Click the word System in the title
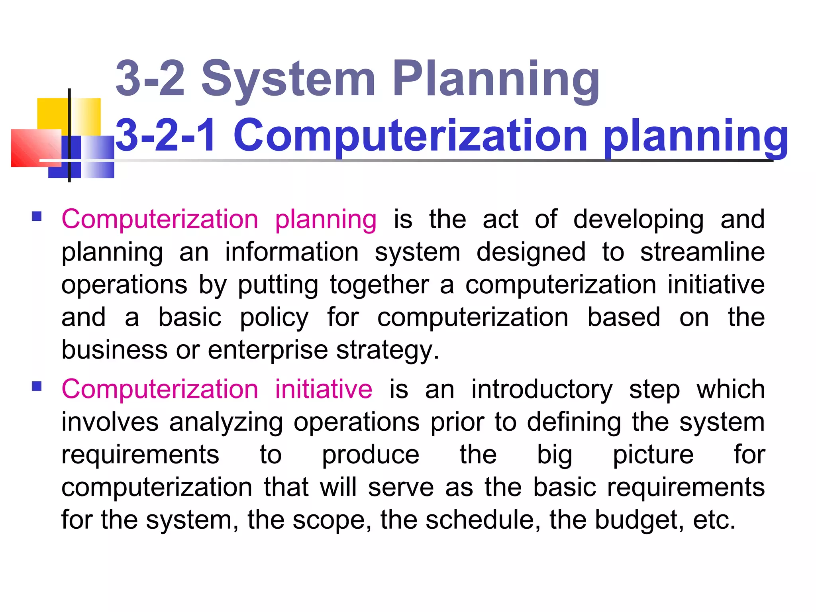click(x=288, y=79)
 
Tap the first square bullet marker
click(x=37, y=216)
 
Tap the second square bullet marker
click(x=37, y=386)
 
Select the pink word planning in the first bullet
click(x=326, y=220)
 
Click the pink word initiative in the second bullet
click(x=324, y=389)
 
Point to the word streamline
click(x=702, y=252)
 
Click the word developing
click(x=638, y=220)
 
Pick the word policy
click(x=274, y=318)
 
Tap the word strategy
click(x=387, y=351)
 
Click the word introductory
click(x=542, y=389)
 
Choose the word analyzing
click(x=226, y=422)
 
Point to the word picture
click(x=653, y=455)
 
